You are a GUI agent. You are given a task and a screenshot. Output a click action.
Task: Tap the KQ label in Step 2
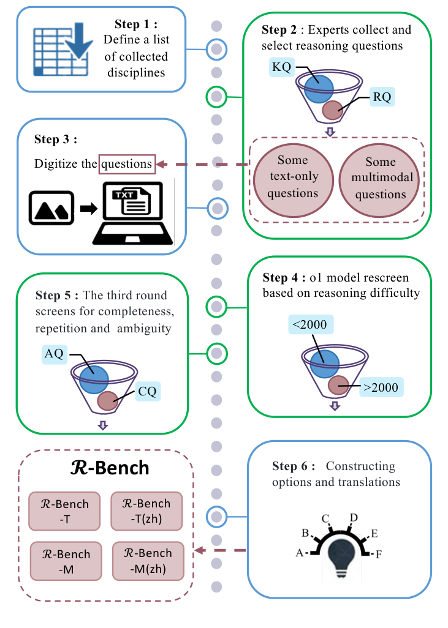pos(281,67)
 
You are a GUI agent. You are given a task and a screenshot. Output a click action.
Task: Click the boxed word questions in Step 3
pos(127,164)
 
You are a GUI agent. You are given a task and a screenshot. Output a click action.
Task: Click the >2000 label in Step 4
pos(381,387)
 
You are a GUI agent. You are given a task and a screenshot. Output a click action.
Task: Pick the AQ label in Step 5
pos(54,353)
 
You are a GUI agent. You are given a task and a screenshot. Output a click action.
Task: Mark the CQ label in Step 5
pos(147,390)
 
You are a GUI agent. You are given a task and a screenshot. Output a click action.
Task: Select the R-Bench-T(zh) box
pos(146,511)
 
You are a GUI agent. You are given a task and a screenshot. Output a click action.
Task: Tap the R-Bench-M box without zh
pos(65,561)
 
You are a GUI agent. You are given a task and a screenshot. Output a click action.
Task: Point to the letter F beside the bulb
pos(379,555)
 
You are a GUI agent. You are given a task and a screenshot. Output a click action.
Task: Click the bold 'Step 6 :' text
pos(294,466)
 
